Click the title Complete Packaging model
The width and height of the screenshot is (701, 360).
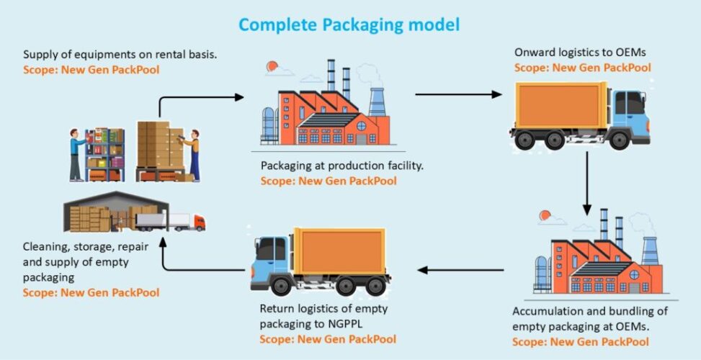pyautogui.click(x=349, y=24)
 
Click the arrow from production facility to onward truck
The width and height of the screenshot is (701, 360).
pyautogui.click(x=458, y=94)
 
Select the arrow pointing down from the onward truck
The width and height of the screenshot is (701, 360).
pyautogui.click(x=587, y=184)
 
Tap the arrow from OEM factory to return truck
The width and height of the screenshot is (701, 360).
pyautogui.click(x=461, y=270)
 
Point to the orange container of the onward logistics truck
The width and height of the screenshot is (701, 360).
pyautogui.click(x=562, y=106)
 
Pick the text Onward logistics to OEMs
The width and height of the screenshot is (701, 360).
pyautogui.click(x=570, y=53)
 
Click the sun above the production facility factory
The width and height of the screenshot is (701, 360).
pyautogui.click(x=272, y=67)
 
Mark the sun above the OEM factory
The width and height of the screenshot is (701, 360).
pyautogui.click(x=545, y=214)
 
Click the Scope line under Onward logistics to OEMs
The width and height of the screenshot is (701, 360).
pyautogui.click(x=582, y=68)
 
